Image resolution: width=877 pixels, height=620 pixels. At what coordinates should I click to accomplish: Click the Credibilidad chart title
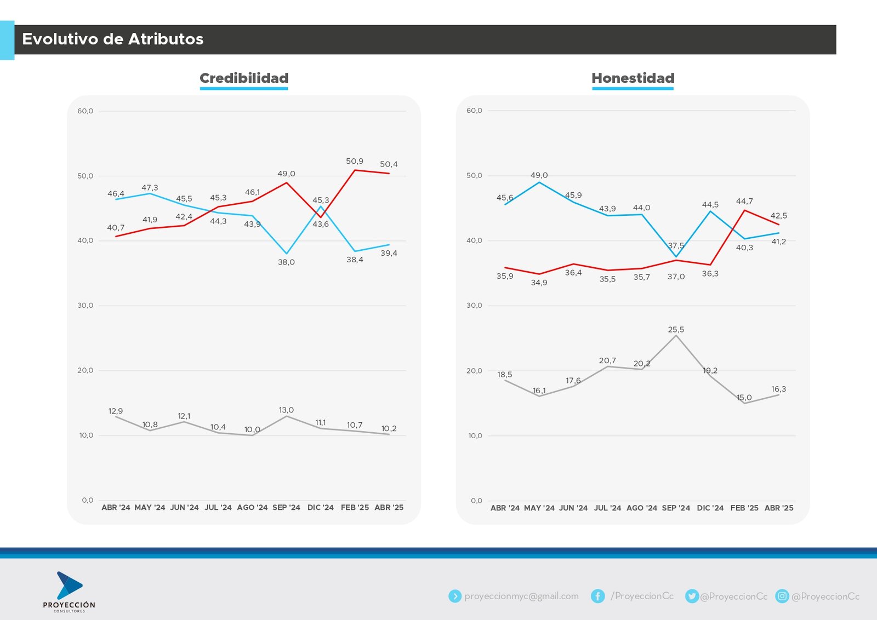coord(244,78)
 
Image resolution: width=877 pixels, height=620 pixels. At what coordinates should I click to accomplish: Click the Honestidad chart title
coord(633,78)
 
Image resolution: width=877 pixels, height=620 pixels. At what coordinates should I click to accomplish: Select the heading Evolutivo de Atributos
coord(113,39)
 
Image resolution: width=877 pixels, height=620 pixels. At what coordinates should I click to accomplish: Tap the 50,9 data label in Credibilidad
coord(355,161)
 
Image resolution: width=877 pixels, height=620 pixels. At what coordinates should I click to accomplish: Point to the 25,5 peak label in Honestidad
coord(676,330)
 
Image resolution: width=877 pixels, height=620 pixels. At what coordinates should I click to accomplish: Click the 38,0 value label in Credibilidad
coord(286,262)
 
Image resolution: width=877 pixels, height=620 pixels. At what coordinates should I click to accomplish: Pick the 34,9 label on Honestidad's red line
coord(539,283)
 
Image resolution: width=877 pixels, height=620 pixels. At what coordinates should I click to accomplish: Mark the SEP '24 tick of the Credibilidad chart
coord(286,508)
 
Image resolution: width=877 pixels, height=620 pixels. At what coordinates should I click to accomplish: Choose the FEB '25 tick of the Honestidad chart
coord(744,508)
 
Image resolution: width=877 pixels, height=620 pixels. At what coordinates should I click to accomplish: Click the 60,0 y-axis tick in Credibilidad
coord(85,111)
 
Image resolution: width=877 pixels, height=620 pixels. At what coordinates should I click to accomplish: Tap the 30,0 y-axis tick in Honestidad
coord(474,306)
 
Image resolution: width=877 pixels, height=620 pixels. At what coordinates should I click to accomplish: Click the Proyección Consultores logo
coord(69,592)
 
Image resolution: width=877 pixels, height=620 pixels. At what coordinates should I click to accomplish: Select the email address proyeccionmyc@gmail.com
coord(521,596)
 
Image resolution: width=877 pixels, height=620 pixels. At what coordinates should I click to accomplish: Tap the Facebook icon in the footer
coord(597,596)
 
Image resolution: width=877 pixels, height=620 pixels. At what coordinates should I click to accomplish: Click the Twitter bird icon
coord(692,596)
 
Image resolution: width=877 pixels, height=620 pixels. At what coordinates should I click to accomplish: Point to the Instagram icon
coord(782,596)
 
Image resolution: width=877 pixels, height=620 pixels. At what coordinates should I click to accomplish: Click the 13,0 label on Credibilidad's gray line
coord(286,410)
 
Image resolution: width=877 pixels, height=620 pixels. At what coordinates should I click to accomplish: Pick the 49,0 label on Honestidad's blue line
coord(539,175)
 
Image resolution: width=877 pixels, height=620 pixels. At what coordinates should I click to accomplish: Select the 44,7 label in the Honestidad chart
coord(744,201)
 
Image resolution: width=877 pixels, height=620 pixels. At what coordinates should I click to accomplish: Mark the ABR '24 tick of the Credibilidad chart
coord(116,508)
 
